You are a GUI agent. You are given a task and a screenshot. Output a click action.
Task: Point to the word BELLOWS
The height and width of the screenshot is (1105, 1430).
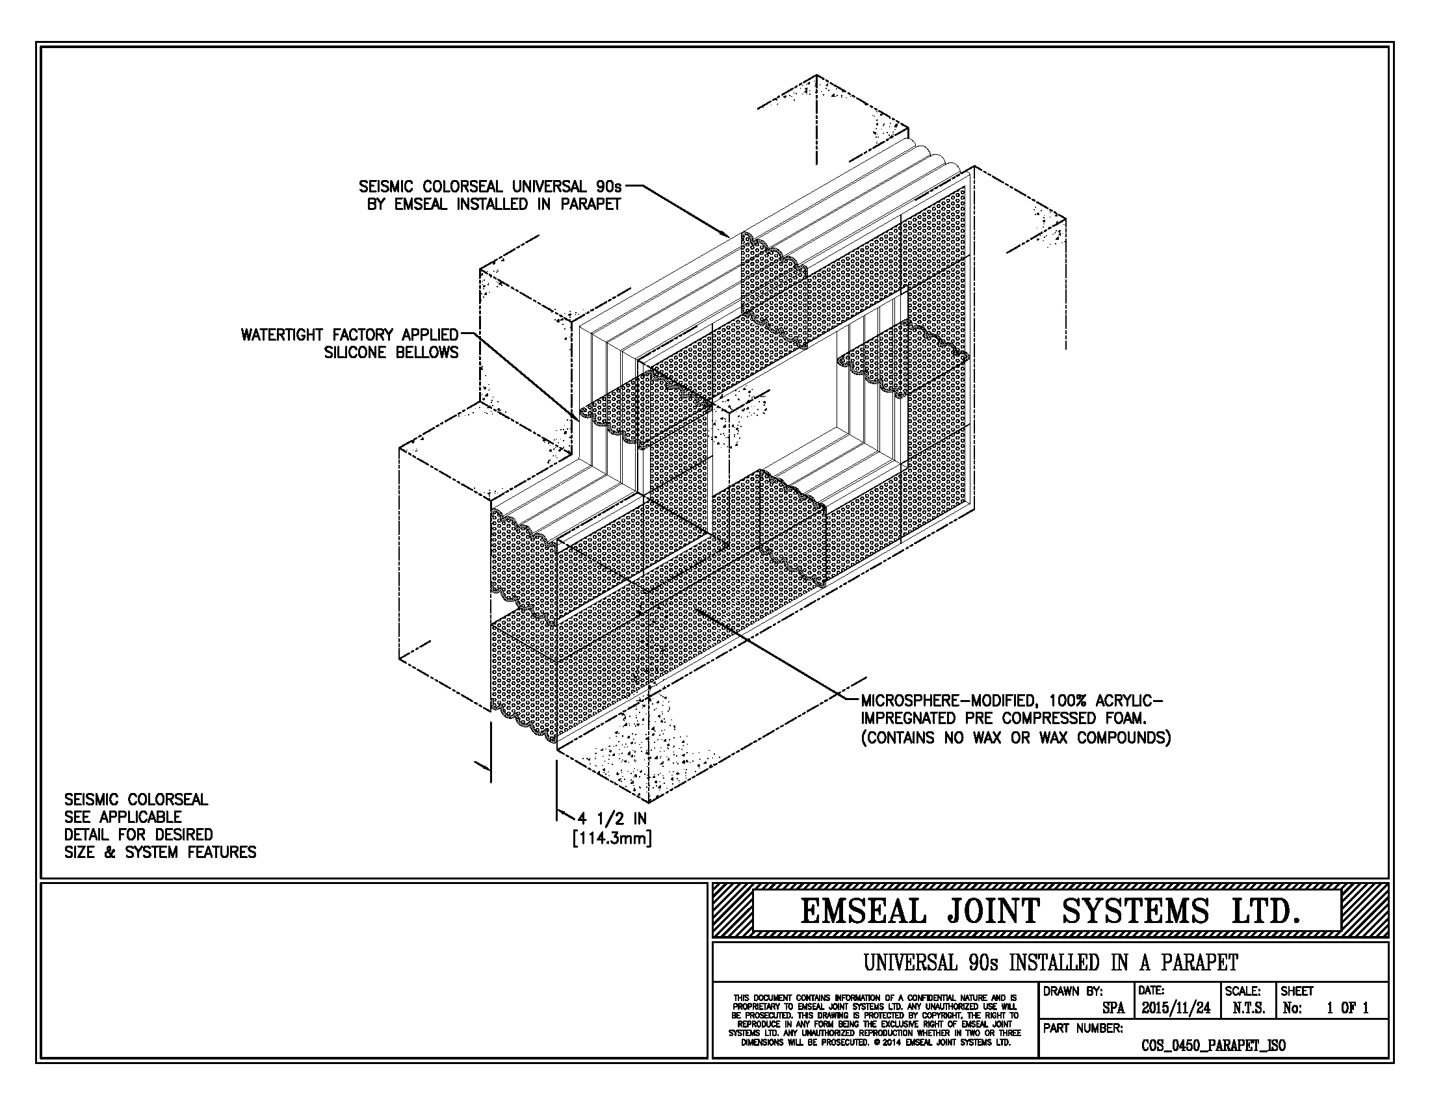tap(427, 353)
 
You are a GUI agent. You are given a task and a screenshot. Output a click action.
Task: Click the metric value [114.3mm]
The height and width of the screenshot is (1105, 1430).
tap(612, 838)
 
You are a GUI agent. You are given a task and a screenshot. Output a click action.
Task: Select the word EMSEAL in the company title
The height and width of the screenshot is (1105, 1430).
tap(864, 911)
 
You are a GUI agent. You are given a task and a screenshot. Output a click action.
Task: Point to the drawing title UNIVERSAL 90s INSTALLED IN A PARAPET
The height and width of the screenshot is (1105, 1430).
tap(1050, 963)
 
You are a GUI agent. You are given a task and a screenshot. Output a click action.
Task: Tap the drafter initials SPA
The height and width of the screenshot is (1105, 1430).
tap(1113, 1009)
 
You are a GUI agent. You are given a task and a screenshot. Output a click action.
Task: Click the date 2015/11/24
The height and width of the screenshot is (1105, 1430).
tap(1176, 1008)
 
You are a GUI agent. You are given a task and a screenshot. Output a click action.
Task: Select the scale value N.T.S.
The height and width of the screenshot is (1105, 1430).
tap(1249, 1009)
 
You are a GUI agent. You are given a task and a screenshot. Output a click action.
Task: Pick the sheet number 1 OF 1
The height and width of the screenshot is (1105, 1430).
tap(1347, 1009)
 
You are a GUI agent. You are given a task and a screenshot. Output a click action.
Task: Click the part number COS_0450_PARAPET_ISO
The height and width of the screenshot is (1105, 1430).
tap(1214, 1046)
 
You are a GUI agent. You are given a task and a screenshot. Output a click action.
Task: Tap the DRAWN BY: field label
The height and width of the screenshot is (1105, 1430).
tap(1073, 992)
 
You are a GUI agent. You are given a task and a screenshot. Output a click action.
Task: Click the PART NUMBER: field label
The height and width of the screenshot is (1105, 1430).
tap(1083, 1028)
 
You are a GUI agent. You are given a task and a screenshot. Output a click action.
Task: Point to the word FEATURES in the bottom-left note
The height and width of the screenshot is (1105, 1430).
tap(222, 852)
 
